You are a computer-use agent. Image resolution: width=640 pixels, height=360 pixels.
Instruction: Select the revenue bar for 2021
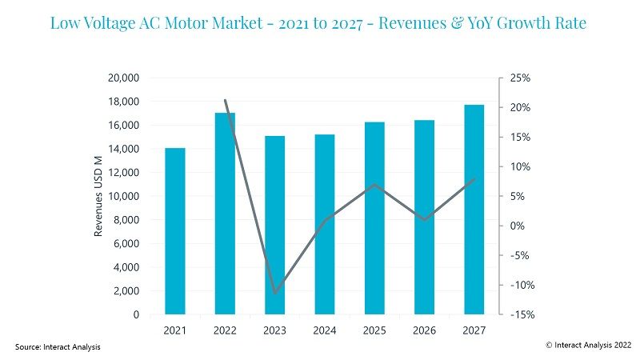[x=175, y=231]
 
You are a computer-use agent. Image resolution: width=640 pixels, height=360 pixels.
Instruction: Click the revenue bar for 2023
[x=274, y=225]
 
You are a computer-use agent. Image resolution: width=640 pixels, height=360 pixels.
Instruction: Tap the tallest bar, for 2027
[x=474, y=210]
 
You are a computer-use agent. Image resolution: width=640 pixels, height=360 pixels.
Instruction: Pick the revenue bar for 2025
[x=374, y=218]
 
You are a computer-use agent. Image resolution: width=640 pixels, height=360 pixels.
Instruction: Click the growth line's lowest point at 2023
[x=275, y=293]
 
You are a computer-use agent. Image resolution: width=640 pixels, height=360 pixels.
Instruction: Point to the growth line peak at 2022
[x=225, y=100]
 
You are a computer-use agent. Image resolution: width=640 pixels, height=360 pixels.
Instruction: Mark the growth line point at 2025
[x=374, y=185]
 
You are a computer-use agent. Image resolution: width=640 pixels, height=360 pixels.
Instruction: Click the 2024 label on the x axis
[x=325, y=330]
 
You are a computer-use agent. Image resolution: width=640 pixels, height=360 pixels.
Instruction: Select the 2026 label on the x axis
[x=425, y=330]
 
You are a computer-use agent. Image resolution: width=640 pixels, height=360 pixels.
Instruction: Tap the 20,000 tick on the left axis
[x=123, y=78]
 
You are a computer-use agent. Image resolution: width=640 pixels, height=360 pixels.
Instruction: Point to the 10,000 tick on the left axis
[x=123, y=196]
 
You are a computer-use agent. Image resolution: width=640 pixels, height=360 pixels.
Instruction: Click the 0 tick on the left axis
[x=136, y=314]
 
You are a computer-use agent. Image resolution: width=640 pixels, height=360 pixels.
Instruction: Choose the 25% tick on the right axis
[x=520, y=78]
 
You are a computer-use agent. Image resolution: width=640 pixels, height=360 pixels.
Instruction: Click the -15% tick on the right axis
[x=522, y=314]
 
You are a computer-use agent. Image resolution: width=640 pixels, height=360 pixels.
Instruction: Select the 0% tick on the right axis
[x=517, y=226]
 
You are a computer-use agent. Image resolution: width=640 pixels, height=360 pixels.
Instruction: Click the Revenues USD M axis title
[x=98, y=196]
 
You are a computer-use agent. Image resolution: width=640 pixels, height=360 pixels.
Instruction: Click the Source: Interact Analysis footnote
[x=58, y=347]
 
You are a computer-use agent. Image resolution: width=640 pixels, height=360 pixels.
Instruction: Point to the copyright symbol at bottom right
[x=549, y=346]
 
